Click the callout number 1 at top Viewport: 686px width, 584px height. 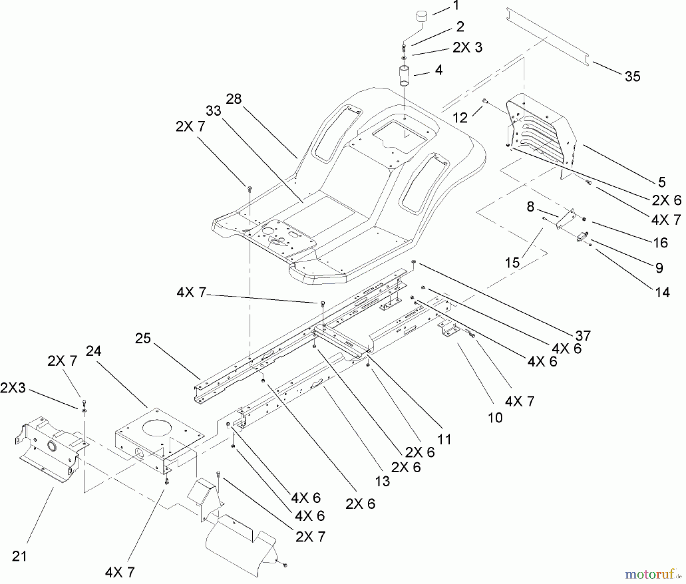(456, 6)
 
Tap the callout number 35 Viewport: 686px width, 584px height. (632, 77)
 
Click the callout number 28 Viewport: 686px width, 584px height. (234, 99)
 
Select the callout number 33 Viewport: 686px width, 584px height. (213, 111)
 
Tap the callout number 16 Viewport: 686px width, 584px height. (660, 242)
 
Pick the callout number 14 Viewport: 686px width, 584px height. (662, 292)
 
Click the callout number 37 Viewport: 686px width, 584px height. (583, 335)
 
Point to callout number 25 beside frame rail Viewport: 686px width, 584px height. (143, 338)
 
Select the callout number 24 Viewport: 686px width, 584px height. (93, 351)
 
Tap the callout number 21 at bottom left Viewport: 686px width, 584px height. (19, 556)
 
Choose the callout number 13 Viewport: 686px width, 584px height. (382, 481)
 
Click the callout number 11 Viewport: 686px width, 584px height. (444, 439)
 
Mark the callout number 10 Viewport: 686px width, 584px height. (495, 418)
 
